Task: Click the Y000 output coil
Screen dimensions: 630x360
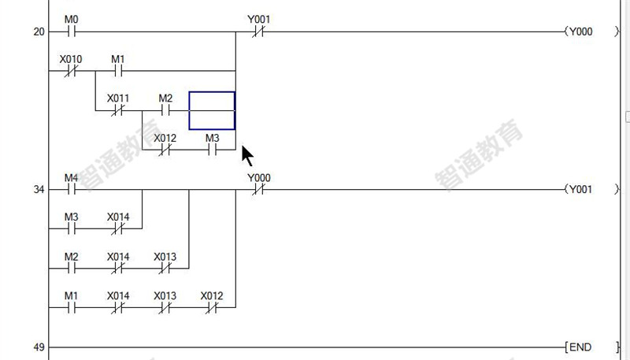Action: [591, 32]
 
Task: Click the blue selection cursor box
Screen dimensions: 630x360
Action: [212, 92]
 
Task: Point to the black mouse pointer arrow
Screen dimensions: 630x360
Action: [246, 155]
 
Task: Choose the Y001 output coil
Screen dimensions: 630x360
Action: [591, 189]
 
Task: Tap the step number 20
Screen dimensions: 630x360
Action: [39, 32]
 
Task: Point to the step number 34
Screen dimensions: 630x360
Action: [39, 189]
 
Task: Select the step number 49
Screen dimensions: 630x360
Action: [39, 347]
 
